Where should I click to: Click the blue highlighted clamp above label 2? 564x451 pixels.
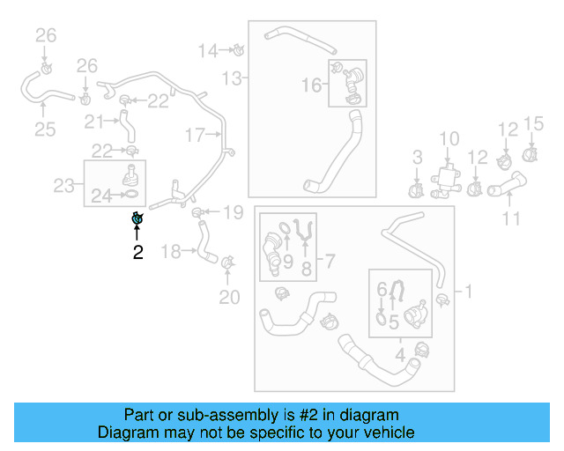coord(137,219)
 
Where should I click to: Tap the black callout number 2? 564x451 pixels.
coord(137,253)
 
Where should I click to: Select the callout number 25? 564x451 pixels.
coord(45,130)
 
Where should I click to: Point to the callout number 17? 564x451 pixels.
coord(194,135)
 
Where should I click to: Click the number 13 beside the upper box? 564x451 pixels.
coord(231,79)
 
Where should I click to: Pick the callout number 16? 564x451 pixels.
coord(312,85)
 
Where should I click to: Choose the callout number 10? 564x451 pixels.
coord(449,138)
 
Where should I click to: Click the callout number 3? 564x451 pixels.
coord(419,158)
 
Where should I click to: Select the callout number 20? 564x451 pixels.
coord(229,297)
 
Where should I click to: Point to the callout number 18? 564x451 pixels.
coord(171,252)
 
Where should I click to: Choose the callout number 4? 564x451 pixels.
coord(400,356)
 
